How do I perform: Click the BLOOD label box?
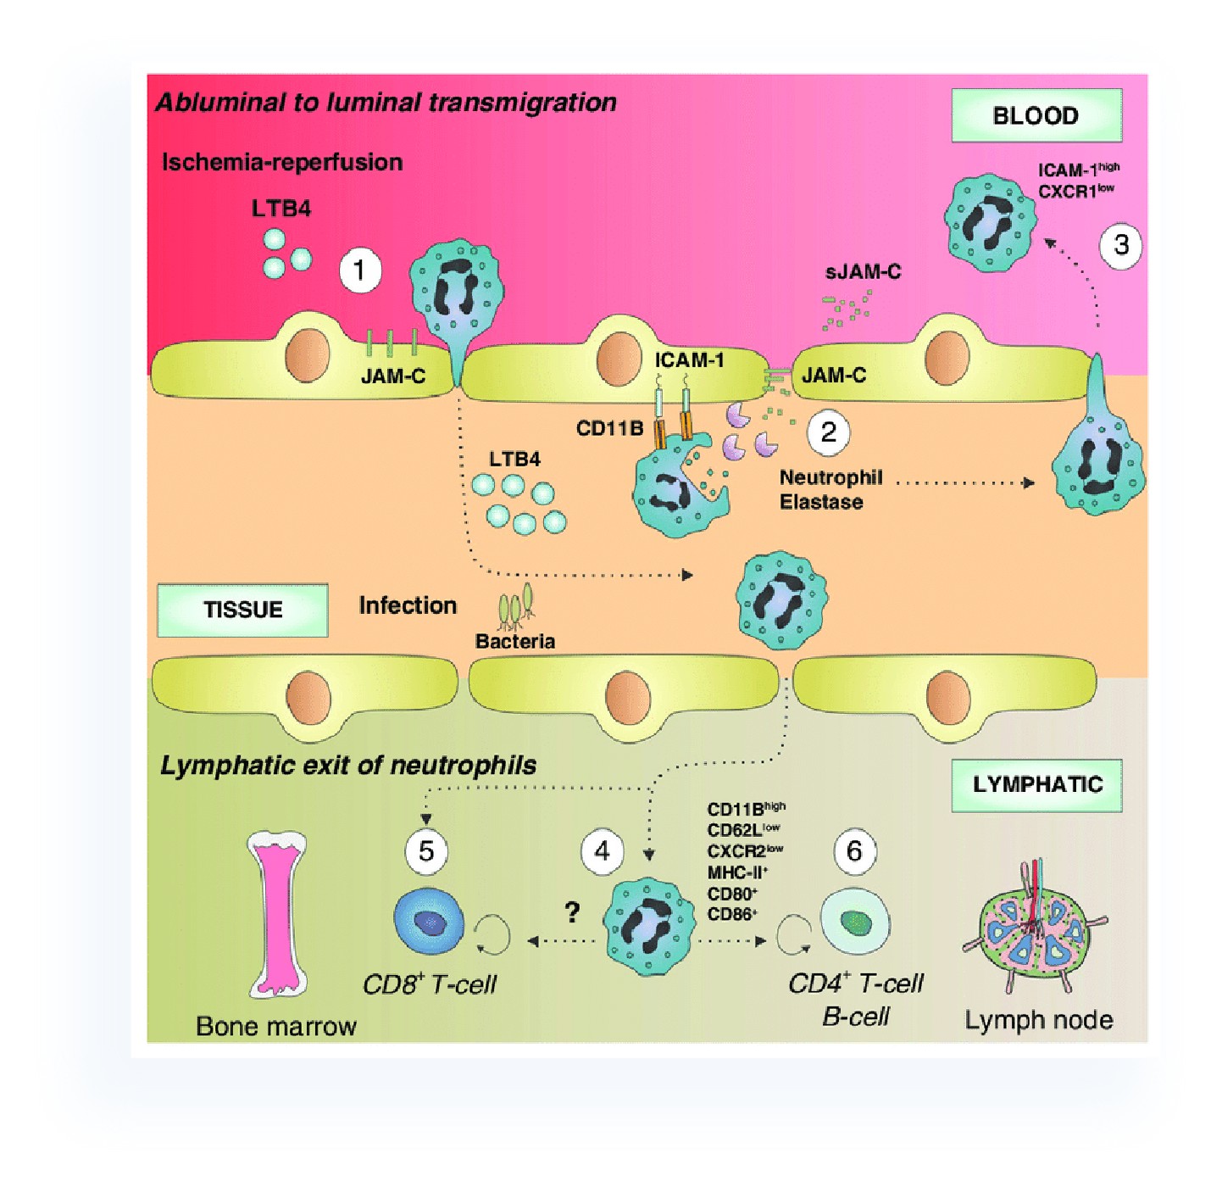[x=1036, y=115]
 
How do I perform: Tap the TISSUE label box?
[x=242, y=610]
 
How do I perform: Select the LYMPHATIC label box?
[x=1036, y=785]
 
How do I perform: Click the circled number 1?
[x=359, y=270]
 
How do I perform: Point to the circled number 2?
[x=828, y=432]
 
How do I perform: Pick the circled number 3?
[x=1120, y=245]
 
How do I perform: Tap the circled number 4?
[x=602, y=850]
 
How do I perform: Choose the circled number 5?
[x=426, y=850]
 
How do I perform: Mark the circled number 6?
[x=854, y=850]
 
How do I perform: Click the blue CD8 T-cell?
[x=430, y=922]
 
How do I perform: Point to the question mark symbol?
[x=573, y=912]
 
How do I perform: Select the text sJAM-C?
[x=863, y=272]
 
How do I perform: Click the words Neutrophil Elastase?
[x=830, y=490]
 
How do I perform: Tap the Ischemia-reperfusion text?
[x=282, y=162]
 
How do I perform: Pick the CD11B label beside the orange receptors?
[x=609, y=429]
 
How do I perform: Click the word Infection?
[x=408, y=605]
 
